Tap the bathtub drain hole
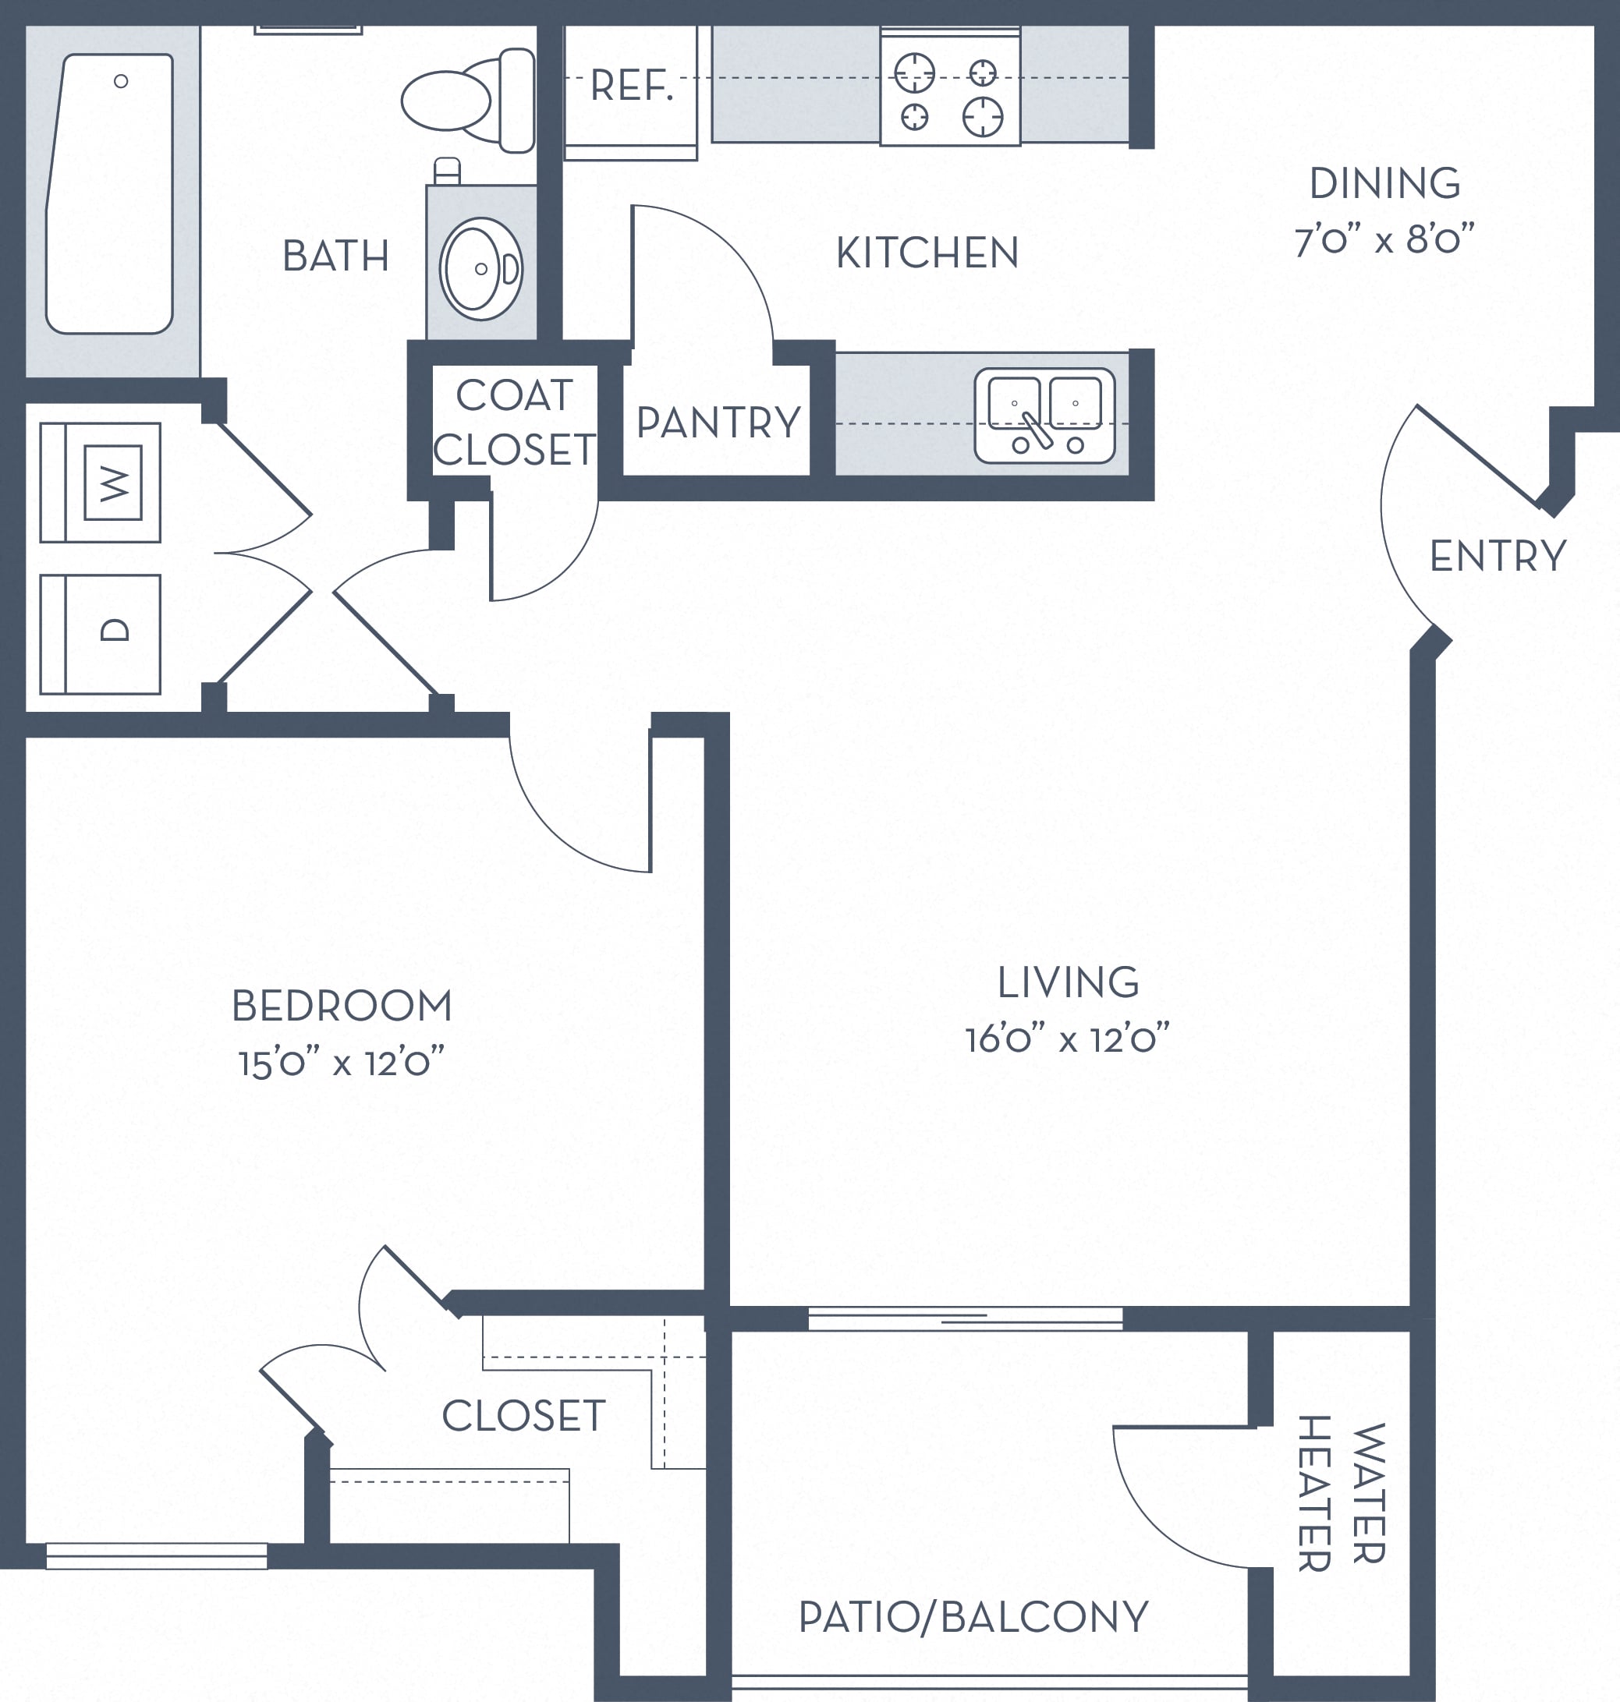(121, 81)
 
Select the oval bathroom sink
(481, 269)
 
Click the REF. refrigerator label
(631, 86)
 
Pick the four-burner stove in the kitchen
(950, 86)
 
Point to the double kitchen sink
(1045, 416)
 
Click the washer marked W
(100, 483)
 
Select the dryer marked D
(100, 635)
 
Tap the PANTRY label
(718, 423)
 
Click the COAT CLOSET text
(515, 423)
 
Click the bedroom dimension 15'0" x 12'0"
(342, 1063)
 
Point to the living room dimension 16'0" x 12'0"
(1067, 1039)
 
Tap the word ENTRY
(1498, 556)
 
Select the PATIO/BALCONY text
(973, 1618)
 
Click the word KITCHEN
(927, 253)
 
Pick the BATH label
(336, 257)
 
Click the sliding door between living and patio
(966, 1318)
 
